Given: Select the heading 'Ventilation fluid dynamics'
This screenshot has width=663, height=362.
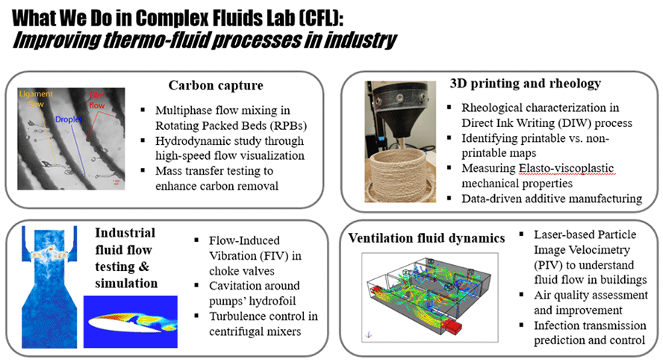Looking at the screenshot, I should (x=426, y=239).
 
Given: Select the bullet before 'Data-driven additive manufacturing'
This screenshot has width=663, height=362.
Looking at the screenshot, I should (x=446, y=199).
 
